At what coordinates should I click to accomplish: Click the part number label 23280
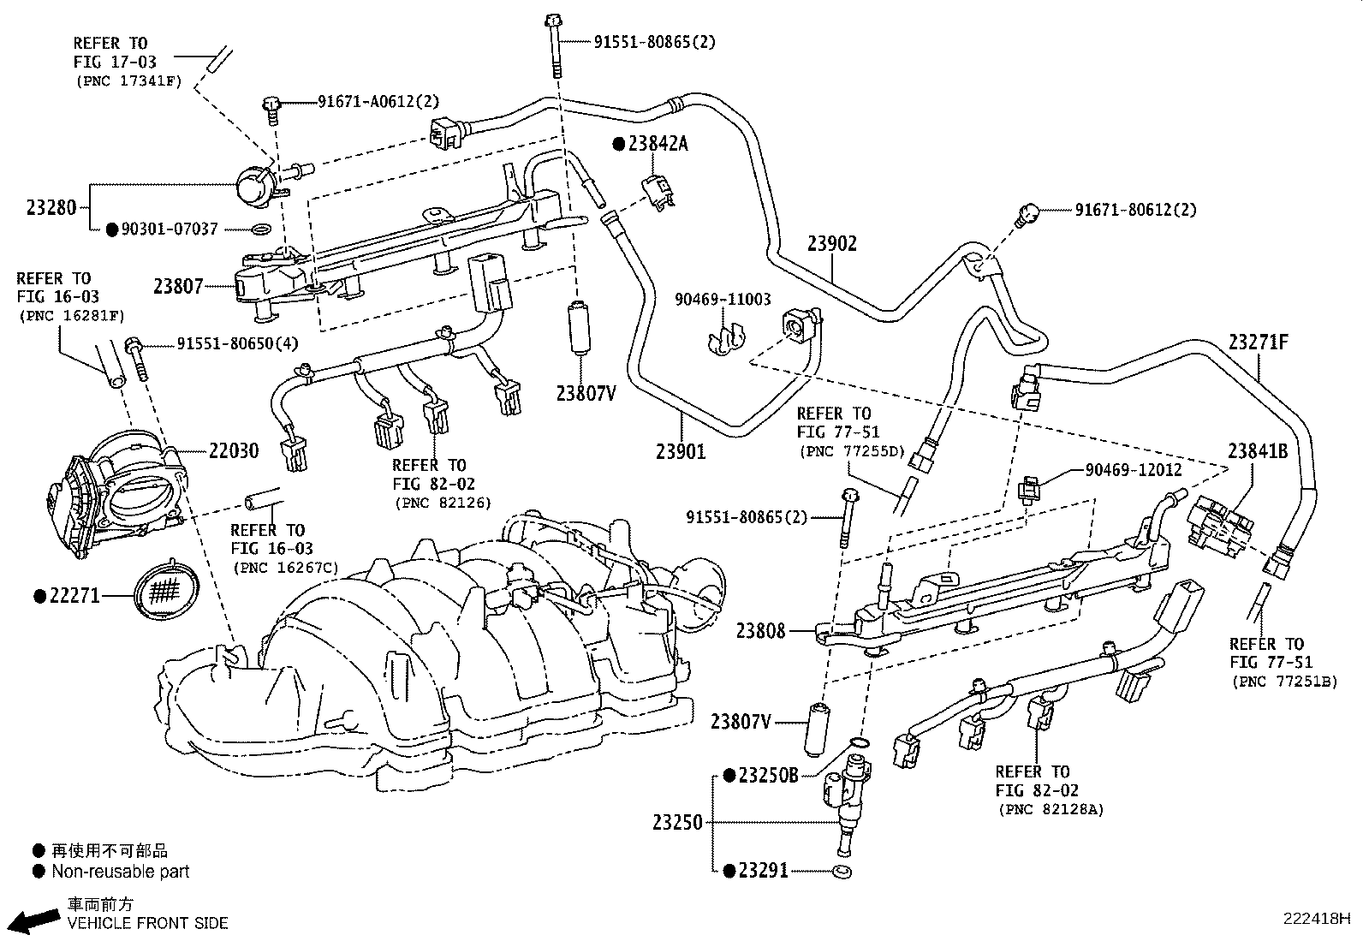pos(51,207)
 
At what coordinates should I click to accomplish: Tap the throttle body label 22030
pos(234,451)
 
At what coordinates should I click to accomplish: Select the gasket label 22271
pos(74,596)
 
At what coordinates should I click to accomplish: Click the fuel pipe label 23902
pos(832,243)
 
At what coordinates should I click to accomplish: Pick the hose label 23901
pos(681,451)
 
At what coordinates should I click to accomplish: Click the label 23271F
pos(1259,342)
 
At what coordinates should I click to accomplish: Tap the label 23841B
pos(1258,451)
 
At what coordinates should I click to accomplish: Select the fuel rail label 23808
pos(760,630)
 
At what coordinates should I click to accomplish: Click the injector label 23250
pos(677,823)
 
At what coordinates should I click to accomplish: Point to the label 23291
pos(763,871)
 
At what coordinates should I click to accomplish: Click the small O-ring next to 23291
pos(842,873)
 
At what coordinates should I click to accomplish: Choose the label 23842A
pos(658,144)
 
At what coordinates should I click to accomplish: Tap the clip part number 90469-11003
pos(723,300)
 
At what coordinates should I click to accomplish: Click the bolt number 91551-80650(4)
pos(238,344)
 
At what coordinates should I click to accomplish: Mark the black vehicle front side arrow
pos(35,921)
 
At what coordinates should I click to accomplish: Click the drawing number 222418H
pos(1316,919)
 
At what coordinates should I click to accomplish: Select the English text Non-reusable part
pos(121,872)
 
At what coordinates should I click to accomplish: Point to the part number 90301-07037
pos(170,229)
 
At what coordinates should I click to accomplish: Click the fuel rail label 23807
pos(178,286)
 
